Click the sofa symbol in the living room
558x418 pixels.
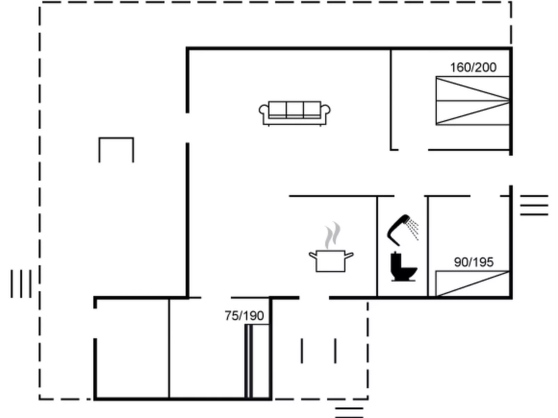pos(295,113)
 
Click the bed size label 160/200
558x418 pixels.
pos(473,68)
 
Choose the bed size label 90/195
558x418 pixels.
pos(474,262)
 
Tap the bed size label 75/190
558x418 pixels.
pos(244,316)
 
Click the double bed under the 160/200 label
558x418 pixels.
pos(473,101)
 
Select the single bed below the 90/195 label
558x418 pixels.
pos(473,283)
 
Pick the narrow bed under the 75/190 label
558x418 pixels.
pos(257,361)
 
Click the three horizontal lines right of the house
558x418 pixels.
pos(534,205)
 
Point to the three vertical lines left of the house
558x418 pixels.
pos(21,283)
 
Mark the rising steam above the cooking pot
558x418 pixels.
pos(333,235)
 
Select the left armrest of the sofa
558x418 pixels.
pos(264,114)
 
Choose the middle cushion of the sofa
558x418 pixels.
pos(295,110)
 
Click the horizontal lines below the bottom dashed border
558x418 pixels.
pos(349,412)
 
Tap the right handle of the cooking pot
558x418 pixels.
pos(349,255)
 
